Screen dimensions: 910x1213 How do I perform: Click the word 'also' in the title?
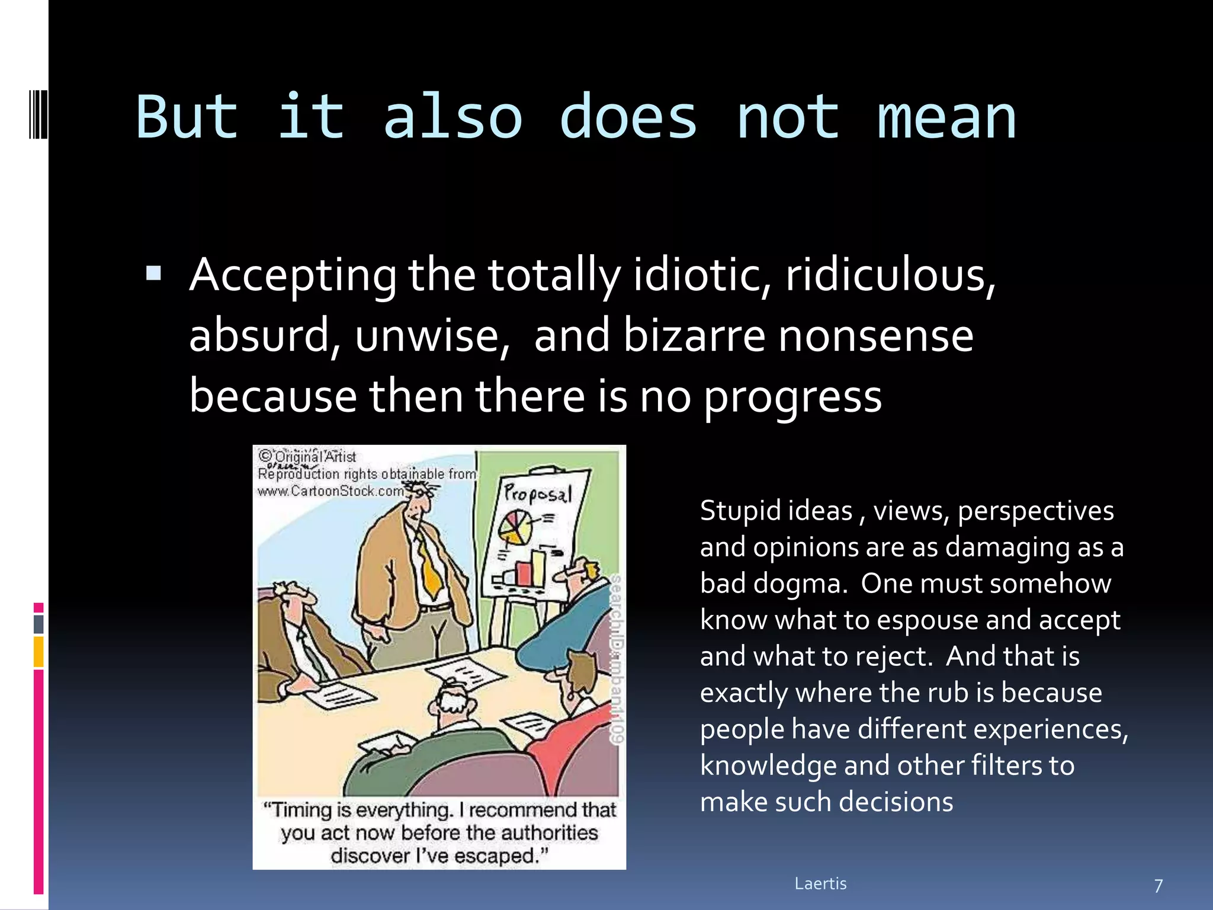[453, 117]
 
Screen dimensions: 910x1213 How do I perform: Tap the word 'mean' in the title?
[946, 117]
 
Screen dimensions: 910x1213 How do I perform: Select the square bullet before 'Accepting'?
[153, 273]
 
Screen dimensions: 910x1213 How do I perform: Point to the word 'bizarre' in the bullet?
[694, 335]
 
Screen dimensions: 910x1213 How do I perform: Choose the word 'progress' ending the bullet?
[792, 397]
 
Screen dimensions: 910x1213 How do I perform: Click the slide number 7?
[1159, 886]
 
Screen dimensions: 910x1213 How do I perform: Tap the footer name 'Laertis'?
[820, 883]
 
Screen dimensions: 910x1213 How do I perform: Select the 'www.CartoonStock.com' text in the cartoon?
[330, 491]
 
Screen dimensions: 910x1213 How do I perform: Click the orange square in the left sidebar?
[38, 652]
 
